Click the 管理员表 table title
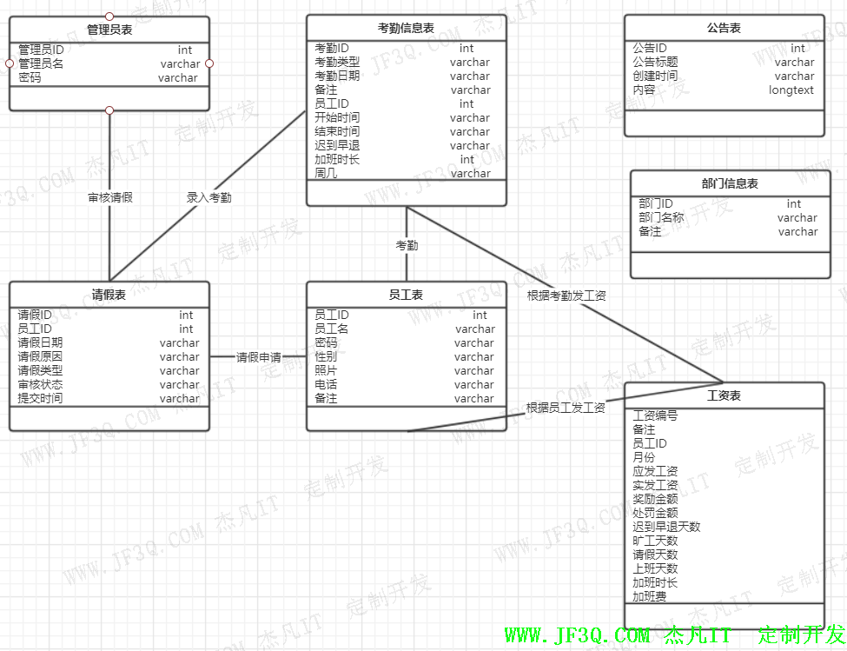(x=109, y=30)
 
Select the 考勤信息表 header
(x=406, y=28)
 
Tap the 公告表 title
(x=724, y=28)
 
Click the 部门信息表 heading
(x=730, y=183)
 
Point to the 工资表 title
(x=725, y=395)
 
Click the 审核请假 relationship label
(x=110, y=197)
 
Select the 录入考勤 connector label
(x=209, y=197)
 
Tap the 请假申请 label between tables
(x=259, y=356)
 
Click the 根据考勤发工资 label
(x=566, y=296)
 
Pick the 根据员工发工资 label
(x=566, y=407)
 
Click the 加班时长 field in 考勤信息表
(x=337, y=159)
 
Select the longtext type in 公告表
(x=791, y=90)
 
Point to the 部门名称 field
(x=661, y=217)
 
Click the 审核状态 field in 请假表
(x=40, y=384)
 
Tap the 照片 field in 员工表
(x=326, y=370)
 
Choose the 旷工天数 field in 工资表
(x=655, y=541)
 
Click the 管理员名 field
(x=41, y=63)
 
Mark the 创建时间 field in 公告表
(x=655, y=76)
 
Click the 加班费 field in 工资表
(x=650, y=596)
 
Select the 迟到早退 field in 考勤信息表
(x=337, y=145)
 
